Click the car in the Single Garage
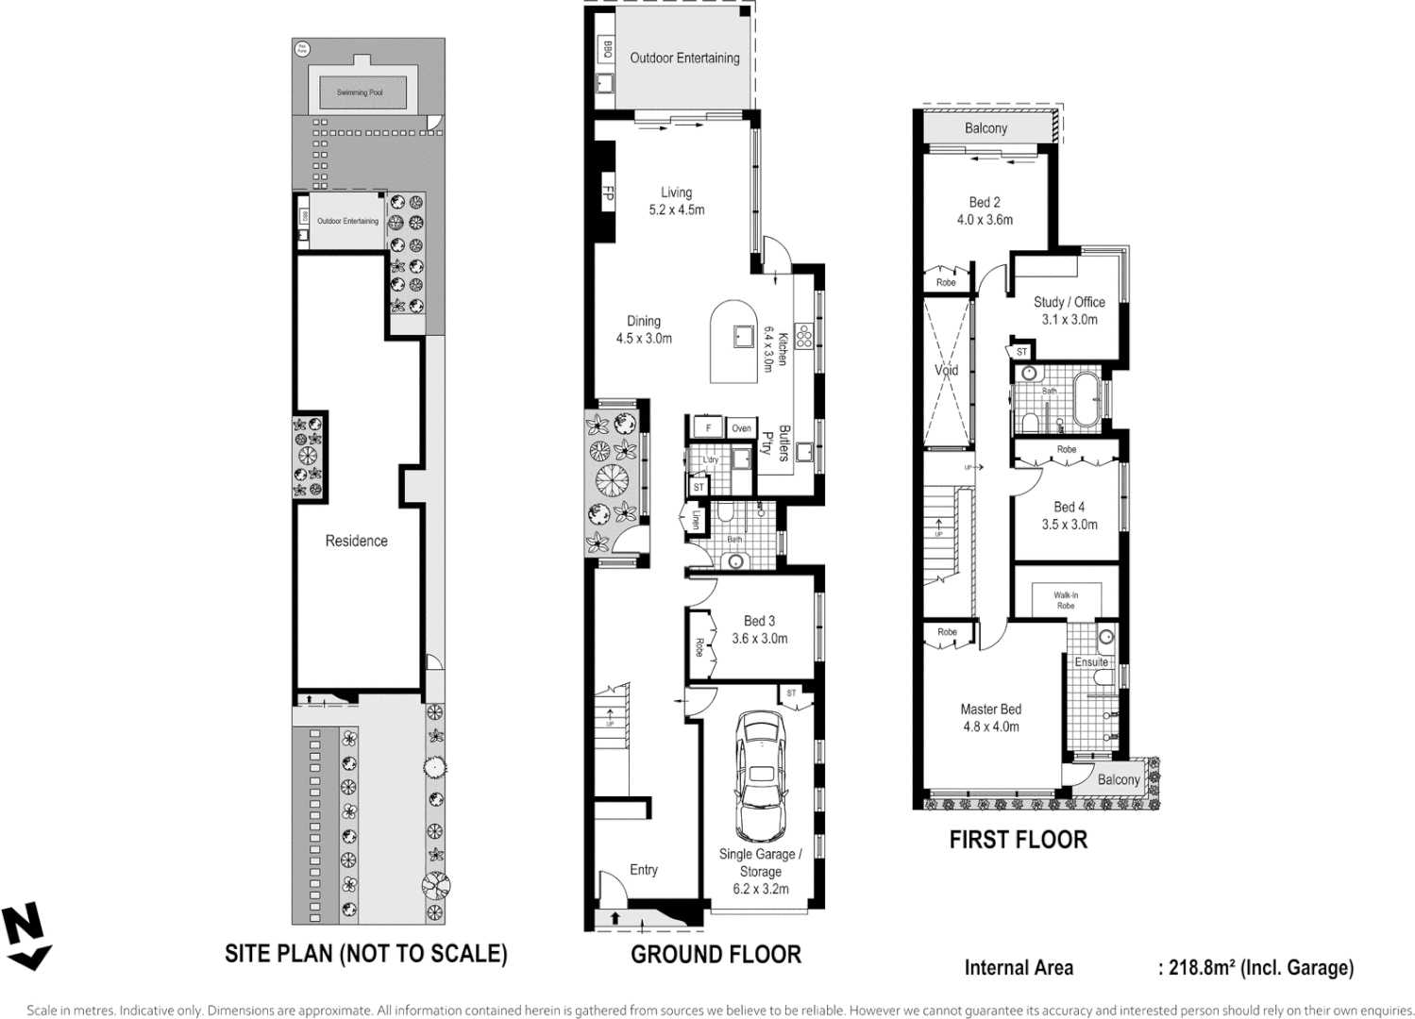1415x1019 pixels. pos(760,776)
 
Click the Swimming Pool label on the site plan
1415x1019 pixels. pos(360,92)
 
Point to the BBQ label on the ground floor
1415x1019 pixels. pos(607,50)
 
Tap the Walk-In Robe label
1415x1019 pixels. pos(1066,600)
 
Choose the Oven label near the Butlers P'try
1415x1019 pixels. pos(742,428)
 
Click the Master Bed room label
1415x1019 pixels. pos(990,710)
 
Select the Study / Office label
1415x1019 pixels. pos(1069,302)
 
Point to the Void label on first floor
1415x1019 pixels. pos(946,370)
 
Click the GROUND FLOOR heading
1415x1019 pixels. pos(716,955)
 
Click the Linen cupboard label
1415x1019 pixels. pos(697,520)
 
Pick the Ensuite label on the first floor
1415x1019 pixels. pos(1091,662)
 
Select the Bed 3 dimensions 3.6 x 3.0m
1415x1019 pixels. pos(759,639)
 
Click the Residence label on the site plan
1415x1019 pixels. pos(356,541)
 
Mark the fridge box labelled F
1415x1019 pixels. pos(708,428)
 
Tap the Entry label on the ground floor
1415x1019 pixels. pos(644,870)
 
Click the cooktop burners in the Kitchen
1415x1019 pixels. pos(803,337)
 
